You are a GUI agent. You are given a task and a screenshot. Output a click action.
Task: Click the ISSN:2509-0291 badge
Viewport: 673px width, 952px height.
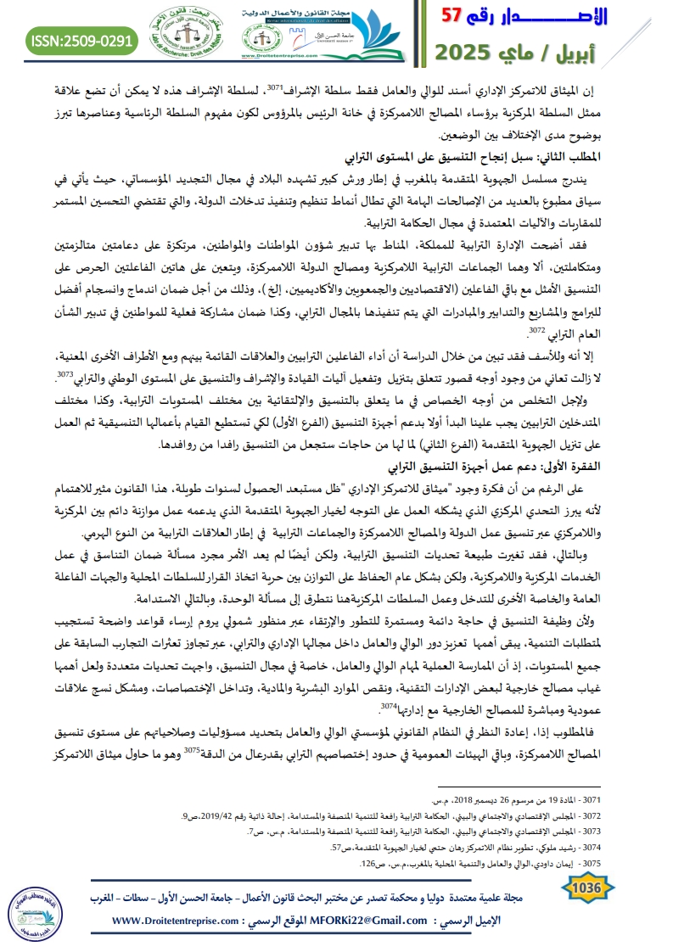tap(81, 39)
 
